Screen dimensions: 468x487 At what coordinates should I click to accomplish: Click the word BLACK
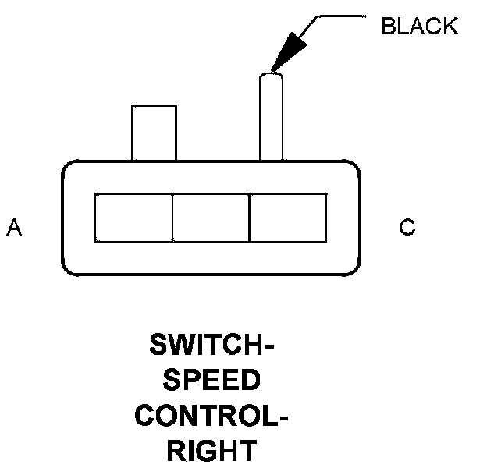click(418, 26)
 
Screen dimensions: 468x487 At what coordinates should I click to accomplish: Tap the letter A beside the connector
click(14, 228)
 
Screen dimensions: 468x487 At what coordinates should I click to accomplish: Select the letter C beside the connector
click(407, 228)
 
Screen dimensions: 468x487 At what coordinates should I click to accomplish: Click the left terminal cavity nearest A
click(133, 218)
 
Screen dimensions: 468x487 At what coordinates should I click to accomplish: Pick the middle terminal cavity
click(210, 218)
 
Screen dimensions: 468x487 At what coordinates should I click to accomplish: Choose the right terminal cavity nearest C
click(287, 218)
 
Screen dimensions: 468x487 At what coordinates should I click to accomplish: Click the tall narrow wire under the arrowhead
click(271, 121)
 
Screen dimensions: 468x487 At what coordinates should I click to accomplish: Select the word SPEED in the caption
click(212, 381)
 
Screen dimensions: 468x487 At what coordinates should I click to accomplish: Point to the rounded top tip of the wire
click(271, 76)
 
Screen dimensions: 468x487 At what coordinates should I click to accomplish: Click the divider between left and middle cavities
click(172, 218)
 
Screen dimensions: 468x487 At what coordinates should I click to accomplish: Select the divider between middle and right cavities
click(249, 218)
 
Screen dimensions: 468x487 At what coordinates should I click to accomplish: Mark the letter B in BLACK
click(388, 26)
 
